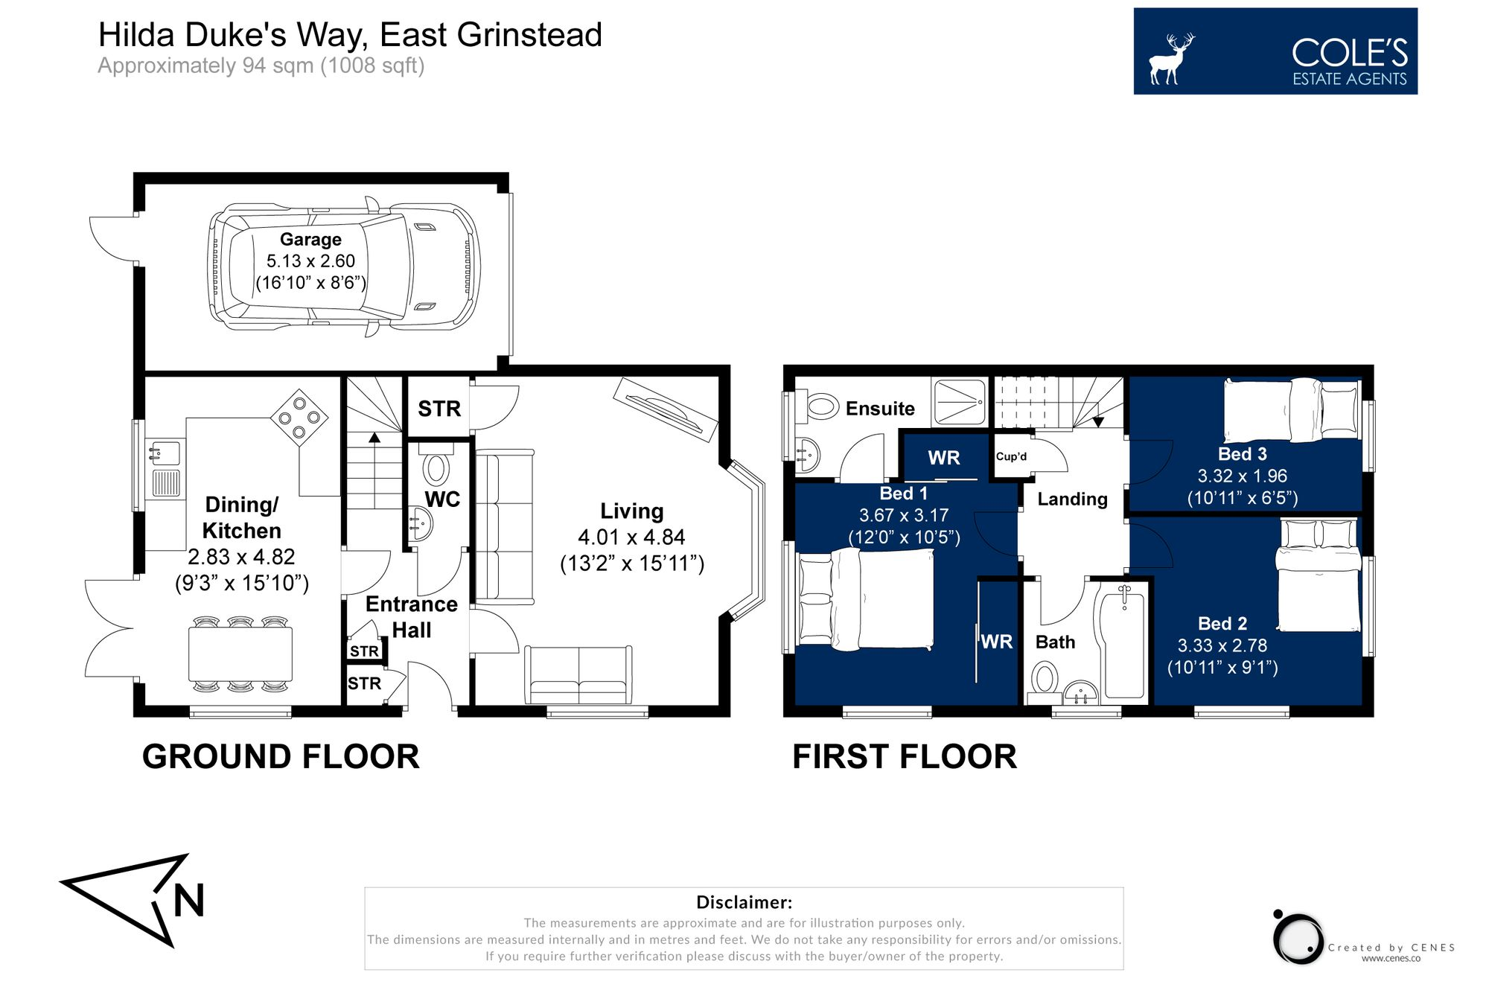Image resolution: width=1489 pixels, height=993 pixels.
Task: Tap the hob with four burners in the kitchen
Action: [299, 418]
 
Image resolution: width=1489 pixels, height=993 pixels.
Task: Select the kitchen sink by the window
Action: [165, 453]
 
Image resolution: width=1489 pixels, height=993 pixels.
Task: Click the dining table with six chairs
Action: [240, 654]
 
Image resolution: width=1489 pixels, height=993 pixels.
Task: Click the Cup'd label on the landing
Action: [1011, 456]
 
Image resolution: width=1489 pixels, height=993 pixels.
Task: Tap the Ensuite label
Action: [880, 409]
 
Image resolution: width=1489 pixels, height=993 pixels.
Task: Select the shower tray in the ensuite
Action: [960, 403]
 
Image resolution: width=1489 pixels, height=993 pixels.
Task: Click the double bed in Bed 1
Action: [867, 598]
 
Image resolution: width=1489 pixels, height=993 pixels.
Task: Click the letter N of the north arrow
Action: [188, 901]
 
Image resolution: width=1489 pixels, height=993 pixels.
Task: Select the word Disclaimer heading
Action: [744, 902]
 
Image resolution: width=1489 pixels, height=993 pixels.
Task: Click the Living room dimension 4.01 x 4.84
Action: [631, 537]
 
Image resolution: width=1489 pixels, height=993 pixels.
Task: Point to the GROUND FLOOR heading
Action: [281, 756]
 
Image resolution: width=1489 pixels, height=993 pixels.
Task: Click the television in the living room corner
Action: [665, 409]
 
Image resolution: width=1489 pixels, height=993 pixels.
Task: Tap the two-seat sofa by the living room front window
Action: [578, 674]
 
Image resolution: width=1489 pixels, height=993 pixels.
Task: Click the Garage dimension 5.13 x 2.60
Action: [310, 261]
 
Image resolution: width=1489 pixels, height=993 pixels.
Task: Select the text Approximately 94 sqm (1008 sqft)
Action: [261, 66]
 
